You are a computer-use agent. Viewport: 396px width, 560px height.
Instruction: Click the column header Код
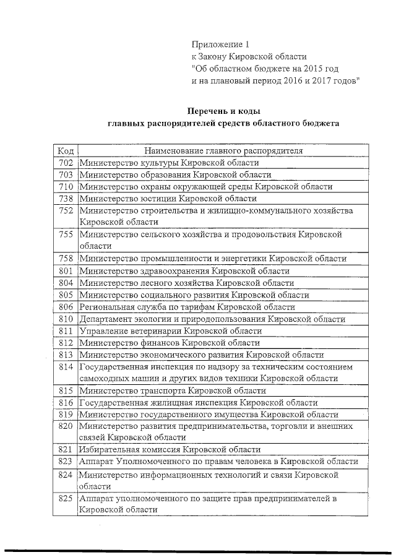(66, 151)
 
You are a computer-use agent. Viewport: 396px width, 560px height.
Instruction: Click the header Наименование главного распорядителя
(223, 151)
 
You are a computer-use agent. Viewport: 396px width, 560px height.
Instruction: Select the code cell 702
(66, 163)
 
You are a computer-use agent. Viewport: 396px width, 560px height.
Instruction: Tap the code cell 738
(66, 198)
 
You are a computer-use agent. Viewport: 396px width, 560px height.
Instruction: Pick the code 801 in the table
(66, 270)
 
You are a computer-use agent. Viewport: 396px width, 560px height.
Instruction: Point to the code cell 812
(66, 342)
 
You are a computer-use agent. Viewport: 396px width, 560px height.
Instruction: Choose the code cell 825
(66, 498)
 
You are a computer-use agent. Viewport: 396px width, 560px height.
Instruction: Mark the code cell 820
(66, 426)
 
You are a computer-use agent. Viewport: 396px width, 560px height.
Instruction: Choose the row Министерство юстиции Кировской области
(167, 198)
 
